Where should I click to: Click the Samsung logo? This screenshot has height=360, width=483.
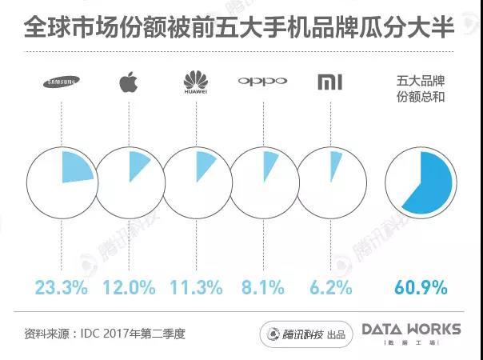[61, 82]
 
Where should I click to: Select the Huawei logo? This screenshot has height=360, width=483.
[195, 82]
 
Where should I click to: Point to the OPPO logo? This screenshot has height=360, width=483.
[262, 82]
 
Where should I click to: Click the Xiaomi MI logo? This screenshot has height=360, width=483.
[329, 82]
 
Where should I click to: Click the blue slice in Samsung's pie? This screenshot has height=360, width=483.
[76, 169]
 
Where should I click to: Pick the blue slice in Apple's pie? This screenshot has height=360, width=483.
[138, 164]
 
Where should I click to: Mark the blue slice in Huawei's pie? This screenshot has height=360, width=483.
[204, 163]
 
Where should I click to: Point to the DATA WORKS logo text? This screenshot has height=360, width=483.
[411, 329]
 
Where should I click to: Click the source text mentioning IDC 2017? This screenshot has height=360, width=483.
[105, 332]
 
